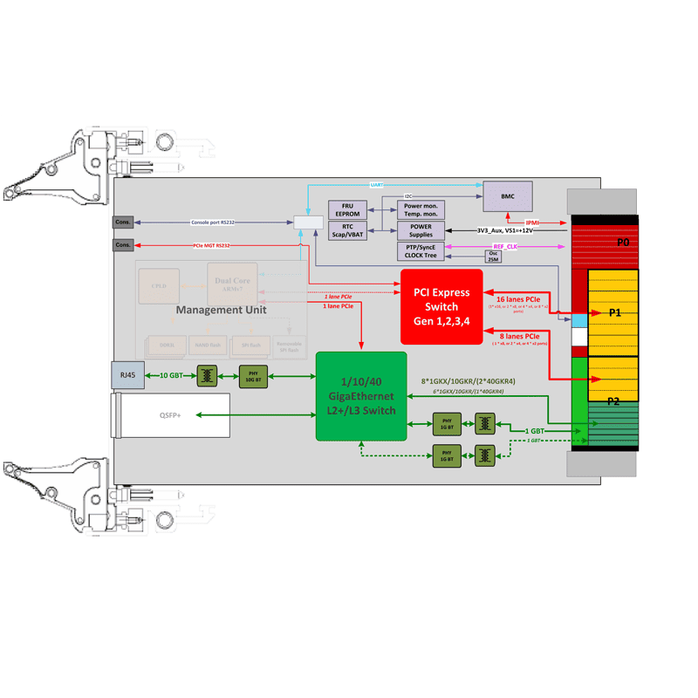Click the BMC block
coord(508,195)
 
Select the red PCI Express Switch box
coord(441,306)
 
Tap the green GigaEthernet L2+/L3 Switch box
coord(361,395)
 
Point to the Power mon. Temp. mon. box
coord(421,209)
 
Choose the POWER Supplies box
coord(421,230)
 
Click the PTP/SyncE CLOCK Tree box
coord(421,251)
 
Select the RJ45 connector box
coord(127,375)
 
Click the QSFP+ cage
coord(171,415)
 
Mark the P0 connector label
coord(622,242)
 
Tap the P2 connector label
coord(613,400)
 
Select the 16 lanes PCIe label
coord(518,298)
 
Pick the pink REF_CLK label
coord(504,247)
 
